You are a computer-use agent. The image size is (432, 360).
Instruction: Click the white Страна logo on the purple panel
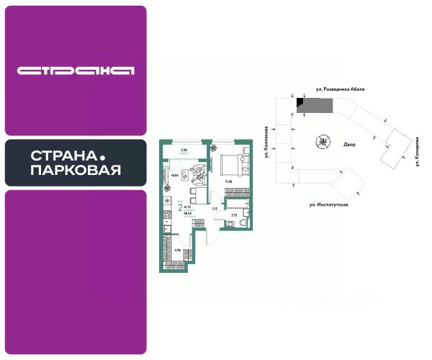[x=76, y=71]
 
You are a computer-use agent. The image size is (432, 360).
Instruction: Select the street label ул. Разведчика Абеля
[x=341, y=89]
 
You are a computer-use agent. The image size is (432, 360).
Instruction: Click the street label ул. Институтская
[x=328, y=205]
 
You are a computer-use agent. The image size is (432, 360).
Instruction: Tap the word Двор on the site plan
[x=349, y=143]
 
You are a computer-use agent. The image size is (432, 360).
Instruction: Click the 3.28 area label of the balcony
[x=184, y=150]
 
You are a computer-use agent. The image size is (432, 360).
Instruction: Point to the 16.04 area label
[x=174, y=175]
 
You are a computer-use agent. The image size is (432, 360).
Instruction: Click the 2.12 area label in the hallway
[x=215, y=209]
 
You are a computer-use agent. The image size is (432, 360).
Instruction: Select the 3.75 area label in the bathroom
[x=233, y=215]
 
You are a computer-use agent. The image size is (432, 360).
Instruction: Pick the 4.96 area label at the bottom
[x=176, y=250]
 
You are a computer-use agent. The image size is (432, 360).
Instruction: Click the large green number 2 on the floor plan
[x=179, y=209]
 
